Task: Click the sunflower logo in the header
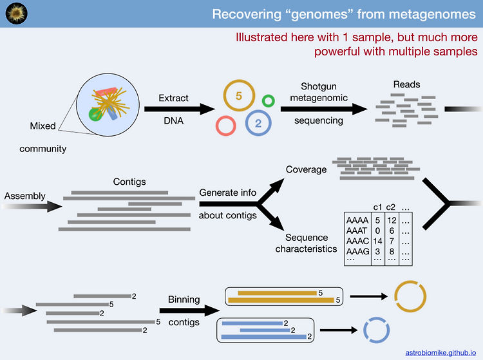point(17,14)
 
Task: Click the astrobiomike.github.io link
point(440,353)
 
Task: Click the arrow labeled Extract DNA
point(180,109)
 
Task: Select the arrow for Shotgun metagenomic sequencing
point(324,109)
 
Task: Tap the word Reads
point(406,84)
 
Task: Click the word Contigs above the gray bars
point(129,182)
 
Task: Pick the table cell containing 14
point(377,241)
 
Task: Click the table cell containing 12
point(392,220)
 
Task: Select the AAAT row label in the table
point(357,231)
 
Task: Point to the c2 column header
point(391,207)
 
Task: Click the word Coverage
point(306,169)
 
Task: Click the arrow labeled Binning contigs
point(189,310)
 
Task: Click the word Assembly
point(24,196)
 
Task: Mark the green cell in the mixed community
point(94,115)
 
